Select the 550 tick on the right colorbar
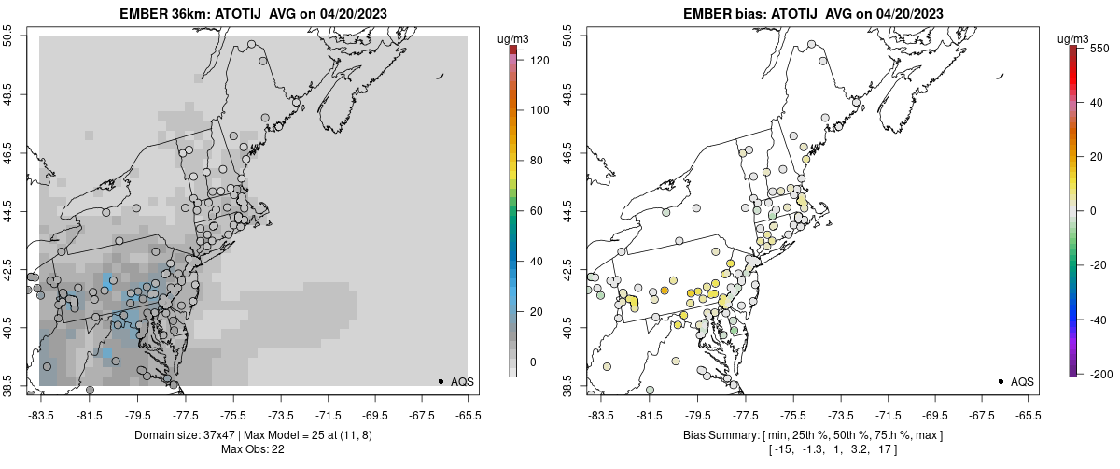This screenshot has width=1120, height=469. click(1099, 48)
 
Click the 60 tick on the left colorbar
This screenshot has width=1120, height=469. click(532, 211)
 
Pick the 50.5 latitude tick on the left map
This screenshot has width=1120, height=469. click(8, 36)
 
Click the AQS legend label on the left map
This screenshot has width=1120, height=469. click(462, 381)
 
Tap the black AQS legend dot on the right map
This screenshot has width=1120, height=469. click(1000, 381)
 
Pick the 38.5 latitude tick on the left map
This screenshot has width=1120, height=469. click(8, 386)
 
